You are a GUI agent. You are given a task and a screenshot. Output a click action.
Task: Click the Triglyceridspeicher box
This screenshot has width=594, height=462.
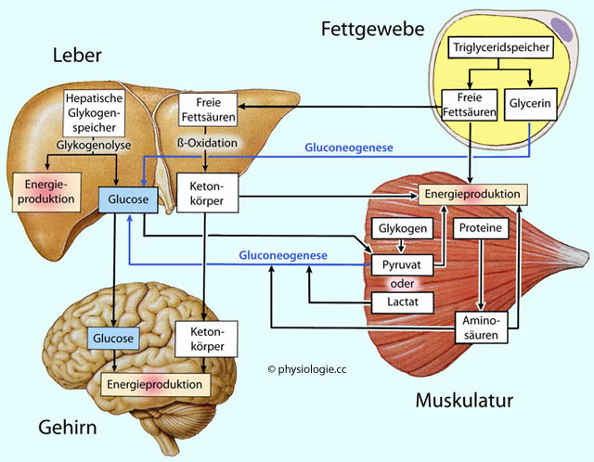tap(502, 46)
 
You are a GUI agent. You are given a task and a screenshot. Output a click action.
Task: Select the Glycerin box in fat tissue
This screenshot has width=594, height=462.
tap(529, 104)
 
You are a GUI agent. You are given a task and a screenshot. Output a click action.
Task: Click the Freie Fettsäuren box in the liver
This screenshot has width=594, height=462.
tap(205, 110)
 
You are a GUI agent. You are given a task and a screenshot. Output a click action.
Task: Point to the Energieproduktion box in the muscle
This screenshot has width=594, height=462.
tap(473, 195)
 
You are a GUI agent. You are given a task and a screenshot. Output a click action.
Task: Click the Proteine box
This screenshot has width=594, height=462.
tap(480, 227)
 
